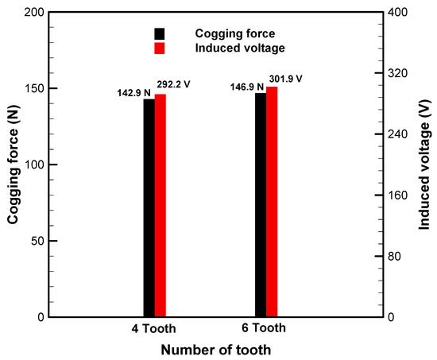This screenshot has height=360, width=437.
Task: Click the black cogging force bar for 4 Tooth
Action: point(149,208)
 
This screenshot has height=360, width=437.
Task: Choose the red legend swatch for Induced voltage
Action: point(160,48)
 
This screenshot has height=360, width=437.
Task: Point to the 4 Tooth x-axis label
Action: point(154,329)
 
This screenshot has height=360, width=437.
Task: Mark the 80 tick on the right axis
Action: point(393,256)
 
